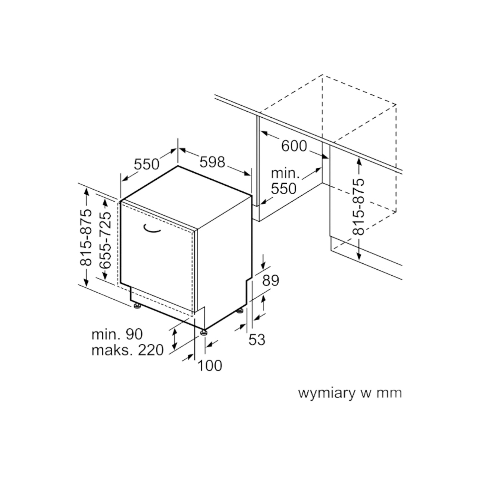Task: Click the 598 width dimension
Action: pos(213,162)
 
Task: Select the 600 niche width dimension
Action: pos(294,146)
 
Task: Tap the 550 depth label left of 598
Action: pos(147,163)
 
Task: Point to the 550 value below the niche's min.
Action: pos(283,189)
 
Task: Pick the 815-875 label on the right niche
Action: pos(359,206)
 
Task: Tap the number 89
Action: pos(270,281)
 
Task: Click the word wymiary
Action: pos(325,394)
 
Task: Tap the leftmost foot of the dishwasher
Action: pos(136,305)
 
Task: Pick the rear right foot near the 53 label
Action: pos(240,311)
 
